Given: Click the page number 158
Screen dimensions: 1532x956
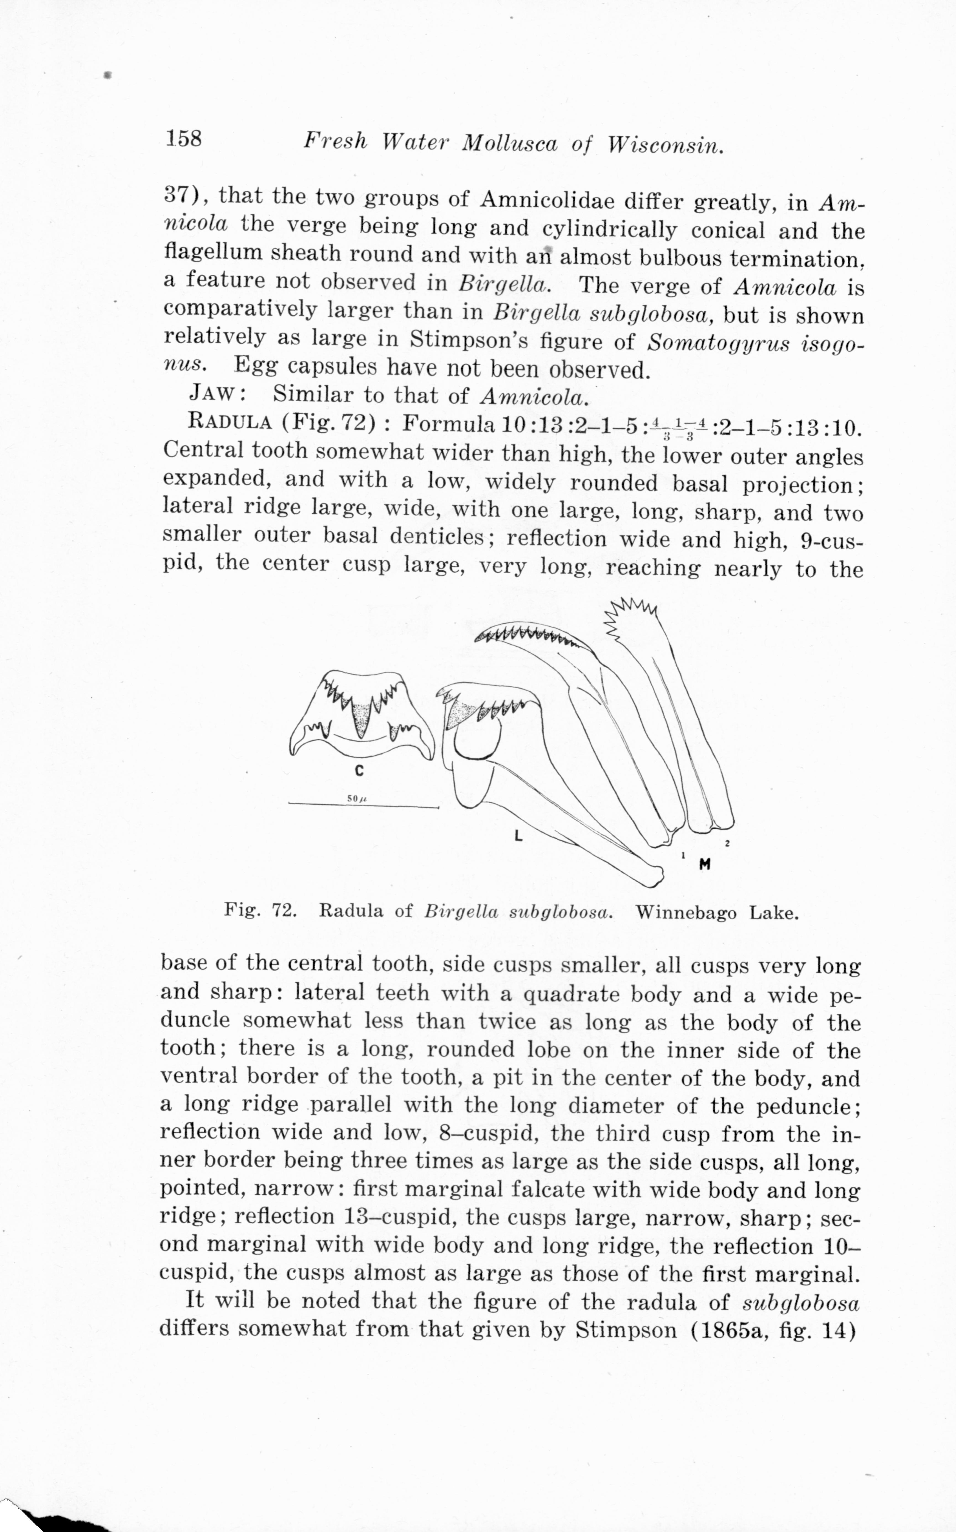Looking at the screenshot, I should [183, 138].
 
